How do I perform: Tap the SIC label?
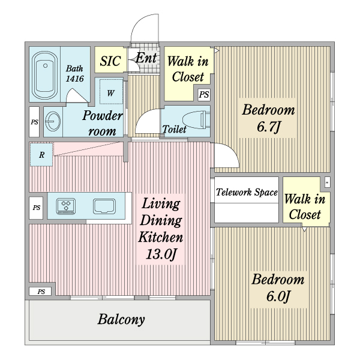click(110, 61)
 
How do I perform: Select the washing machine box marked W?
click(111, 93)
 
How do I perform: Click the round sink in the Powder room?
click(52, 121)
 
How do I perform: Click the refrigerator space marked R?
click(41, 155)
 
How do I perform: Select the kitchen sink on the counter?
click(106, 206)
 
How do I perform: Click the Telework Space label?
click(247, 193)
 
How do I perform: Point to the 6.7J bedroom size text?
click(269, 127)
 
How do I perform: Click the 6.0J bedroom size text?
click(278, 296)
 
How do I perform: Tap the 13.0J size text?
click(161, 254)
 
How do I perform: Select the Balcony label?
click(121, 319)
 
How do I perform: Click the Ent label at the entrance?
click(146, 58)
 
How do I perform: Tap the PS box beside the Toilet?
click(204, 94)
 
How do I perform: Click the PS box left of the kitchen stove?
click(37, 208)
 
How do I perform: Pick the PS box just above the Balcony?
click(41, 292)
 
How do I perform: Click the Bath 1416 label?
click(75, 74)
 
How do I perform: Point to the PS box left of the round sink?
click(34, 121)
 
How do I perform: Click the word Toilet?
click(174, 129)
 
